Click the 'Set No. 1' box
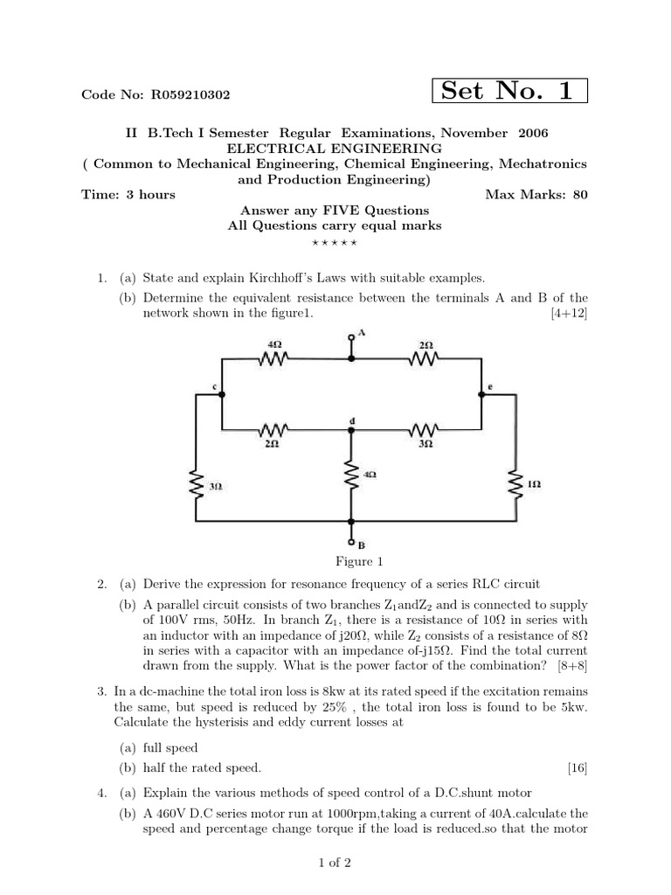pyautogui.click(x=508, y=90)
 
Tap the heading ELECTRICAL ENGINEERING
pyautogui.click(x=335, y=149)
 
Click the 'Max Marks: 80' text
pyautogui.click(x=536, y=194)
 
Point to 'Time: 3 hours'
pyautogui.click(x=128, y=194)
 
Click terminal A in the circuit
pyautogui.click(x=352, y=336)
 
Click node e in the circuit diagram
pyautogui.click(x=489, y=385)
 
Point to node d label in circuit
pyautogui.click(x=351, y=420)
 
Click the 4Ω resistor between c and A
pyautogui.click(x=275, y=357)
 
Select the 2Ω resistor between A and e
pyautogui.click(x=425, y=357)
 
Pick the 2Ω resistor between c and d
pyautogui.click(x=273, y=430)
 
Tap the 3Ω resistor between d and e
pyautogui.click(x=425, y=430)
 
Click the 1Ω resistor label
pyautogui.click(x=535, y=482)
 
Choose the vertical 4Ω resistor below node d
pyautogui.click(x=352, y=477)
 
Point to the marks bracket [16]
pyautogui.click(x=577, y=768)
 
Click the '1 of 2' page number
pyautogui.click(x=335, y=864)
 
